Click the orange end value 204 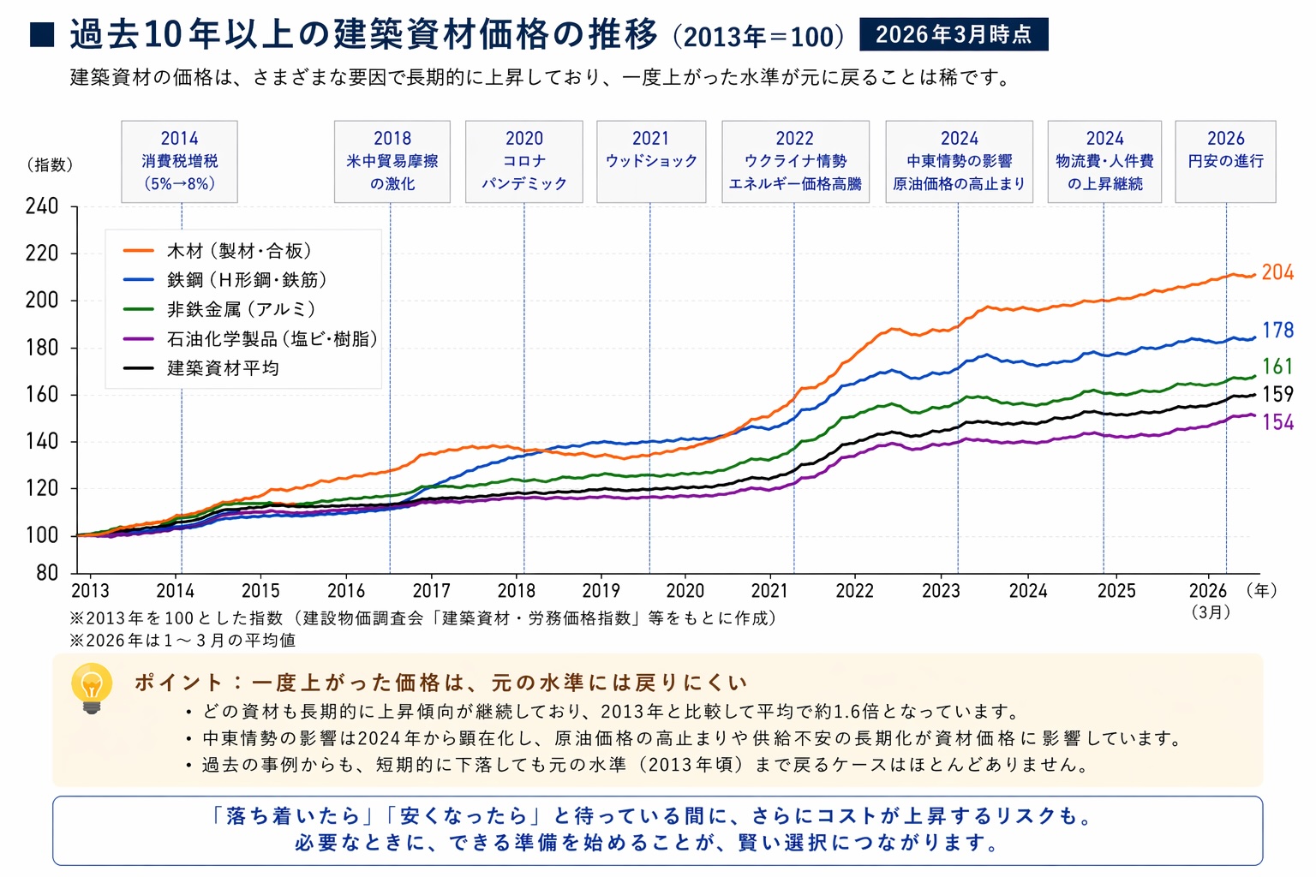(1277, 272)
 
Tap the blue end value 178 (1277, 330)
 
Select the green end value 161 (1277, 367)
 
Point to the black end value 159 (1277, 394)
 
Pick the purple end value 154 (1277, 422)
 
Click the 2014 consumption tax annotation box (179, 161)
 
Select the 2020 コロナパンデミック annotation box (523, 161)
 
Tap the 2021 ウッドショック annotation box (651, 161)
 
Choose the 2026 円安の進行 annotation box (1225, 161)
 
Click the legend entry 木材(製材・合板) (239, 251)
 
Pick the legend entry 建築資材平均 (223, 368)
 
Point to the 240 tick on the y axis (42, 206)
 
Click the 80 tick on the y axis (47, 573)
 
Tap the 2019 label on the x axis (601, 591)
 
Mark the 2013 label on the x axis (90, 591)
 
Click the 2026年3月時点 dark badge (953, 34)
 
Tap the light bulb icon (92, 688)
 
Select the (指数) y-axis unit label (50, 164)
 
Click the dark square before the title (42, 35)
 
